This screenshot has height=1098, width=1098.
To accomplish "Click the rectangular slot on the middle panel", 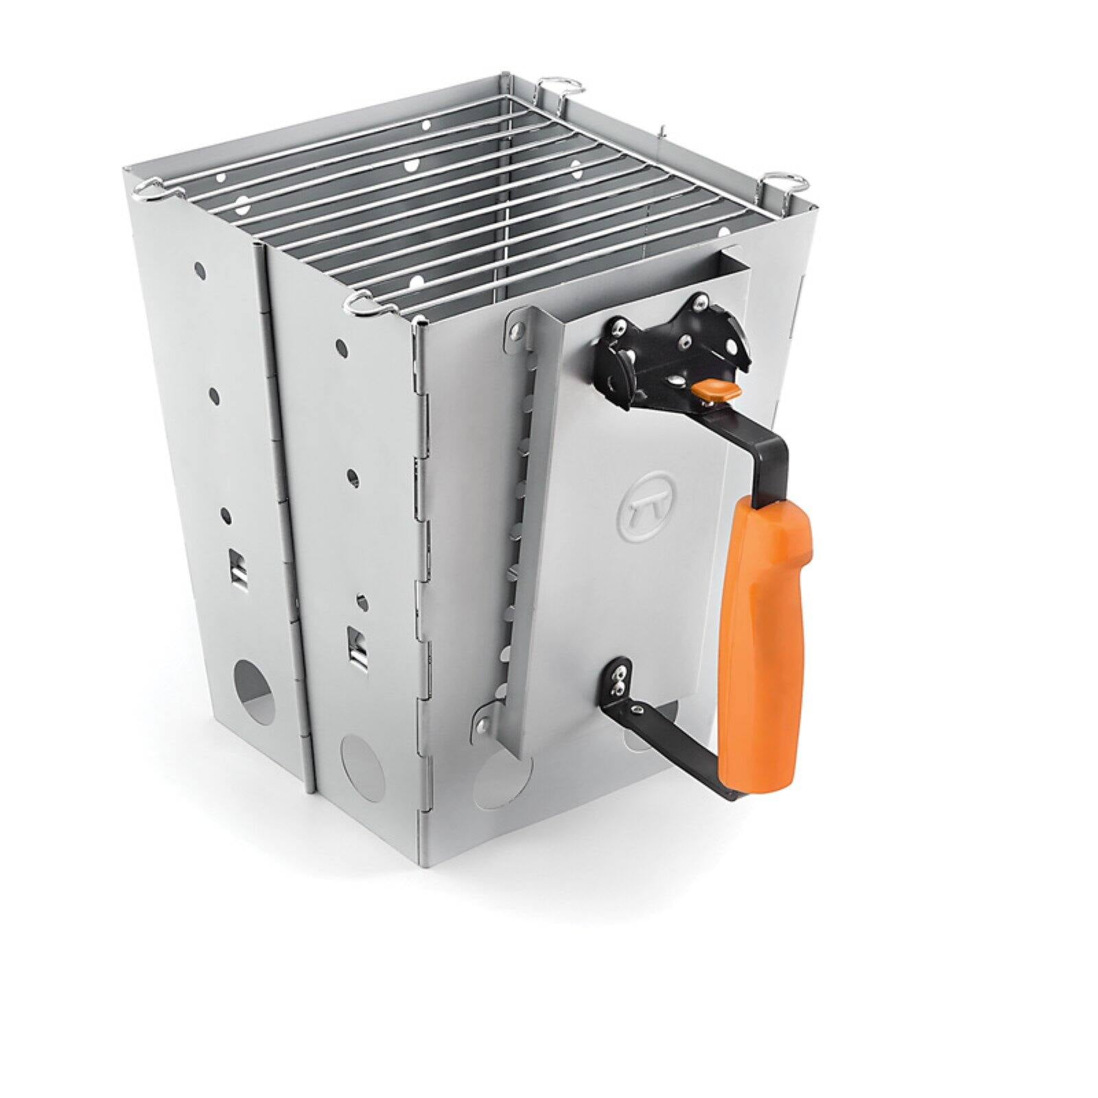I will click(357, 645).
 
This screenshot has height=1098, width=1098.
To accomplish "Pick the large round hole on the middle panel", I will click(362, 762).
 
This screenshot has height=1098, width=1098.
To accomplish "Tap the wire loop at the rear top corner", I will click(561, 86).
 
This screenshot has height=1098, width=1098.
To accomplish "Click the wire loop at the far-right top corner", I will click(784, 182).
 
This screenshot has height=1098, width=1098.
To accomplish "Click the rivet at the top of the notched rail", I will click(512, 331).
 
